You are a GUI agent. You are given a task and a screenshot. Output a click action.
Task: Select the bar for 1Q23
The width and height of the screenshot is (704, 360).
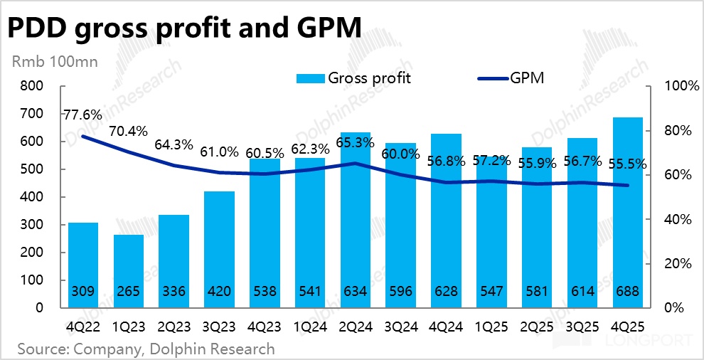pyautogui.click(x=129, y=270)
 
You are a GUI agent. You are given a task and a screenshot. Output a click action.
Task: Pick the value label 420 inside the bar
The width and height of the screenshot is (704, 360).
pyautogui.click(x=219, y=291)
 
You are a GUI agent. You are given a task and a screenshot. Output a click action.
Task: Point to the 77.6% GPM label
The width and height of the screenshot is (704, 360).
pyautogui.click(x=82, y=114)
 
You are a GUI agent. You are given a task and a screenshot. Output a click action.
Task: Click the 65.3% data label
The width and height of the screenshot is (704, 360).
pyautogui.click(x=356, y=142)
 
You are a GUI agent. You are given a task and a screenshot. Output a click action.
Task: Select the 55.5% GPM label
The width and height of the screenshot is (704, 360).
pyautogui.click(x=627, y=164)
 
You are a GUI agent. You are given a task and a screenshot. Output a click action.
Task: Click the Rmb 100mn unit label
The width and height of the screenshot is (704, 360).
pyautogui.click(x=54, y=60)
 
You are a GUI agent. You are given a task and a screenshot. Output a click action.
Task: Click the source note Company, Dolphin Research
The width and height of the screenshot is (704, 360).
pyautogui.click(x=146, y=349)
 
